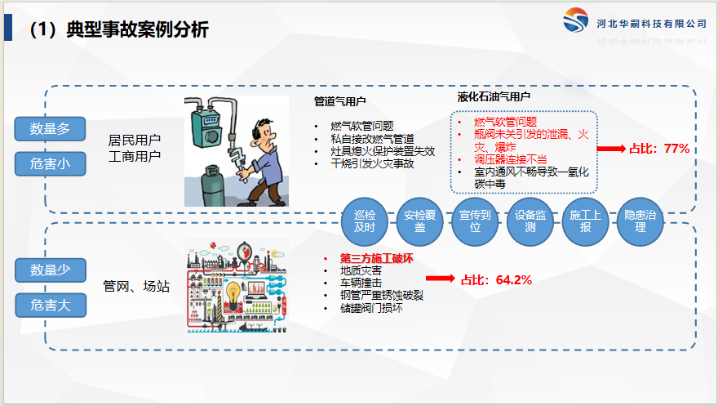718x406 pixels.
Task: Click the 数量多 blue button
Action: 50,129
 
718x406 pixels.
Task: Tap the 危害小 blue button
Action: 51,163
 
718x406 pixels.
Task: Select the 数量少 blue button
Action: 51,270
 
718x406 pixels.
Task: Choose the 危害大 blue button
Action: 51,306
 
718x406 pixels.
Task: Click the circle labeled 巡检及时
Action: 365,221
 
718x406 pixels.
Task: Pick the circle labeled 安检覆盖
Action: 419,221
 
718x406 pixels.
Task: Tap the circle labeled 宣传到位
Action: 475,221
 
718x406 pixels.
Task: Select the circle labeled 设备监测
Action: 530,221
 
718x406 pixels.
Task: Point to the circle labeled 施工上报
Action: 585,221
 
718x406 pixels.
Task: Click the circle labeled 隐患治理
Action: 640,221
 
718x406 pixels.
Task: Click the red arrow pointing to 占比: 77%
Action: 611,149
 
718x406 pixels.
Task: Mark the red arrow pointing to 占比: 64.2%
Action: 440,278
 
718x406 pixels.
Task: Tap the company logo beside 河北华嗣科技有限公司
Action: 575,20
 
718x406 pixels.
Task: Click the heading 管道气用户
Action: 339,101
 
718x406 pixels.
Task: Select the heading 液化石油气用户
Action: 494,96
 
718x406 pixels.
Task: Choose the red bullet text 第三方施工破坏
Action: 376,258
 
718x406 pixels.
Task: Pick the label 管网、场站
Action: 136,287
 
